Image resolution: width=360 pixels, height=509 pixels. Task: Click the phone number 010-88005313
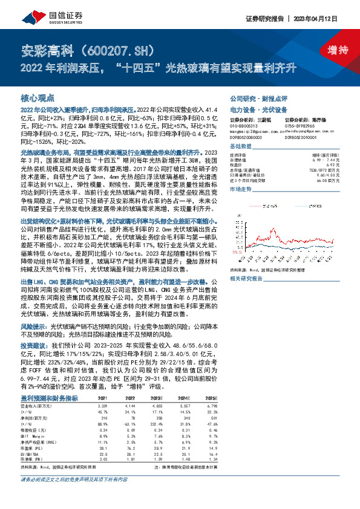click(x=243, y=125)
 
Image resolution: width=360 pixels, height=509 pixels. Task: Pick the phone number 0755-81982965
click(x=298, y=125)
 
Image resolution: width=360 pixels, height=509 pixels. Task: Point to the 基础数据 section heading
click(x=241, y=147)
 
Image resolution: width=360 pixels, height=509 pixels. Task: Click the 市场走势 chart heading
click(x=241, y=189)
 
